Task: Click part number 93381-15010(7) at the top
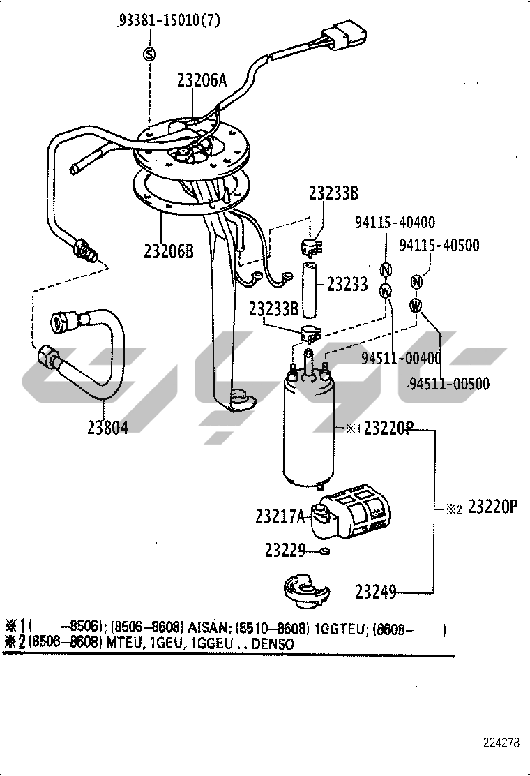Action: [168, 20]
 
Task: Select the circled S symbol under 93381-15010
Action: [149, 54]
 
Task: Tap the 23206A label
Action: [202, 80]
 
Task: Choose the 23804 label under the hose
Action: [107, 427]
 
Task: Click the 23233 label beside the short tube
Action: [347, 283]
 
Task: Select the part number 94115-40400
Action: [395, 223]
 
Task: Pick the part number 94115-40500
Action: [439, 245]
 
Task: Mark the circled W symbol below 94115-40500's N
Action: [416, 305]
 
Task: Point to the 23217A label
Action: [280, 516]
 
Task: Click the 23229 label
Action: [285, 551]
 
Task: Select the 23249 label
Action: [376, 592]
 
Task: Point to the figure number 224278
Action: [501, 743]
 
